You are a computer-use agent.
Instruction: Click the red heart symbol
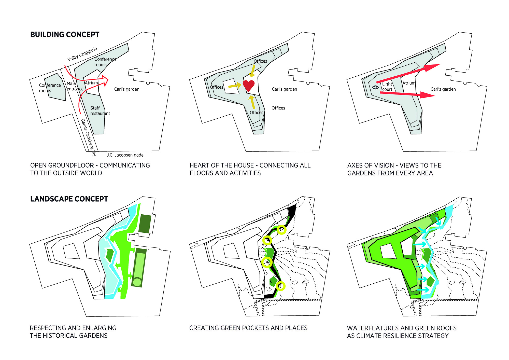coord(249,85)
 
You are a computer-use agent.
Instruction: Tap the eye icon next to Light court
coord(375,87)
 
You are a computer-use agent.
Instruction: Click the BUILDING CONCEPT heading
coord(65,35)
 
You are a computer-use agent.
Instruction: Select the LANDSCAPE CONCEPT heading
coord(69,199)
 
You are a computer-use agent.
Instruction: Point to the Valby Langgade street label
coord(82,54)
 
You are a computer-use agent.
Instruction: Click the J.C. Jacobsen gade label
coord(125,155)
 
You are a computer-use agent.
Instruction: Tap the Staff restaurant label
coord(100,111)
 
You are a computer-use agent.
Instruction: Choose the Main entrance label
coord(75,86)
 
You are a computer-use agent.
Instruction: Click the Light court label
coord(387,87)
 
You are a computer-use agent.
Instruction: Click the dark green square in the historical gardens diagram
coord(145,224)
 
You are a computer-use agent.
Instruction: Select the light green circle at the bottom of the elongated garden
coord(137,282)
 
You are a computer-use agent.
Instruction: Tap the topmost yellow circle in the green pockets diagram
coord(281,230)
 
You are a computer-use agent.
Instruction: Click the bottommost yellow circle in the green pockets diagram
coord(280,286)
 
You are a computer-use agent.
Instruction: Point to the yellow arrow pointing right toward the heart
coord(235,86)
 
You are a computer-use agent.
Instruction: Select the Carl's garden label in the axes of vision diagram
coord(443,89)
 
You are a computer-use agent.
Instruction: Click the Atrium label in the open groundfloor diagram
coord(91,83)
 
